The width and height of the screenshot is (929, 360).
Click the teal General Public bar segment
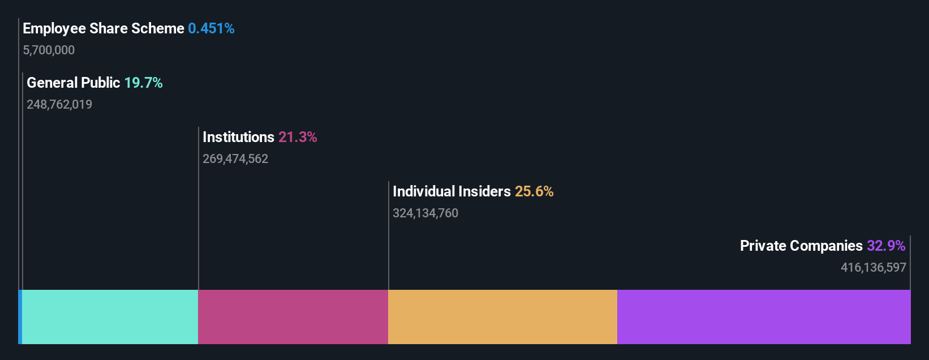[110, 317]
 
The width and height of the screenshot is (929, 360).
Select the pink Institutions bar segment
[293, 317]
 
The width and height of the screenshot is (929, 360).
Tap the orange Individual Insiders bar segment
[502, 317]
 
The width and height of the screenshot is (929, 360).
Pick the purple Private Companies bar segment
[764, 317]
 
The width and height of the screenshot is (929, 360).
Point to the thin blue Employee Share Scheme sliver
[20, 317]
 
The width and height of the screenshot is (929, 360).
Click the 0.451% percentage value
[211, 28]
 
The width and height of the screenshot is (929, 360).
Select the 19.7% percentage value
[143, 83]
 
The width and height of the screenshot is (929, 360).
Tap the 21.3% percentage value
[298, 137]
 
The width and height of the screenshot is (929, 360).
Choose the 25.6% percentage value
[534, 191]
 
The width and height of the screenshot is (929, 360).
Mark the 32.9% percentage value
[886, 246]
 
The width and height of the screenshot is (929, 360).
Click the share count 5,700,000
[49, 50]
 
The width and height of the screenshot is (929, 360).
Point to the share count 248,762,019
[59, 105]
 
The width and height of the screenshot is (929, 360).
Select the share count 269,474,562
[235, 159]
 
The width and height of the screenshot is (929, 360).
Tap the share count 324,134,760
[425, 213]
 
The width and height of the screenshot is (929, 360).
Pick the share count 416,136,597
[873, 268]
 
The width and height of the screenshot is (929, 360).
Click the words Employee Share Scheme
[104, 28]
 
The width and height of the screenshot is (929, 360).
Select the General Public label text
[74, 83]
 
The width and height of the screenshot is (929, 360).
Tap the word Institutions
[238, 137]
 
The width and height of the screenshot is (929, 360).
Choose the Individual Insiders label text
[451, 191]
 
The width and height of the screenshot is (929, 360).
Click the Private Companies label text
[801, 246]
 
